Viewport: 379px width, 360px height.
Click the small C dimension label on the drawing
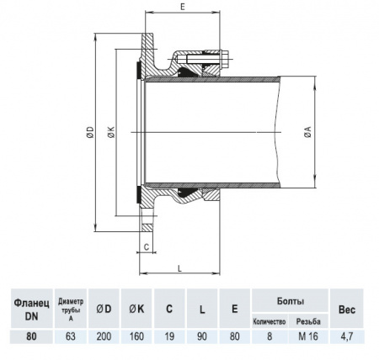coord(147,247)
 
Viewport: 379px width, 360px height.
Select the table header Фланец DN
coord(30,308)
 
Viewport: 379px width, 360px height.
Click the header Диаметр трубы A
coord(70,308)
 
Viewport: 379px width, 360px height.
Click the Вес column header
coord(346,309)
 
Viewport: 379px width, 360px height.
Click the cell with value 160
coord(136,336)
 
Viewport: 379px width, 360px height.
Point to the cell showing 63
coord(70,336)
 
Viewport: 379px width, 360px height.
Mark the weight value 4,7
coord(346,336)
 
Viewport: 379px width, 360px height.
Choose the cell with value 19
coord(168,336)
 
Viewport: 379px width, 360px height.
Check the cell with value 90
coord(201,336)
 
